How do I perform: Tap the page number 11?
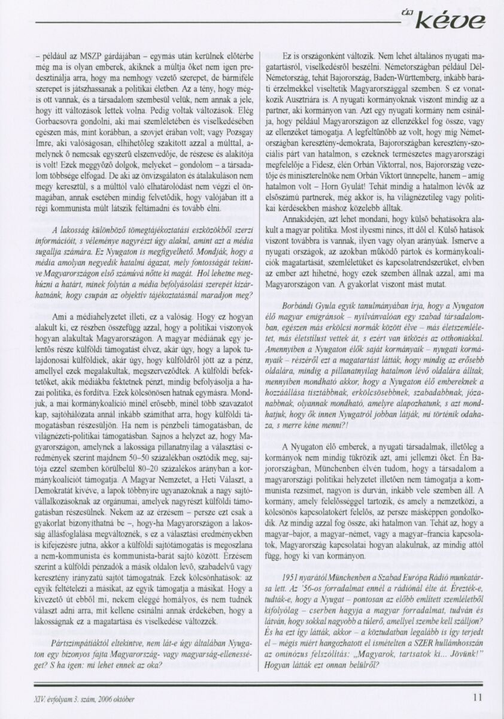click(478, 697)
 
